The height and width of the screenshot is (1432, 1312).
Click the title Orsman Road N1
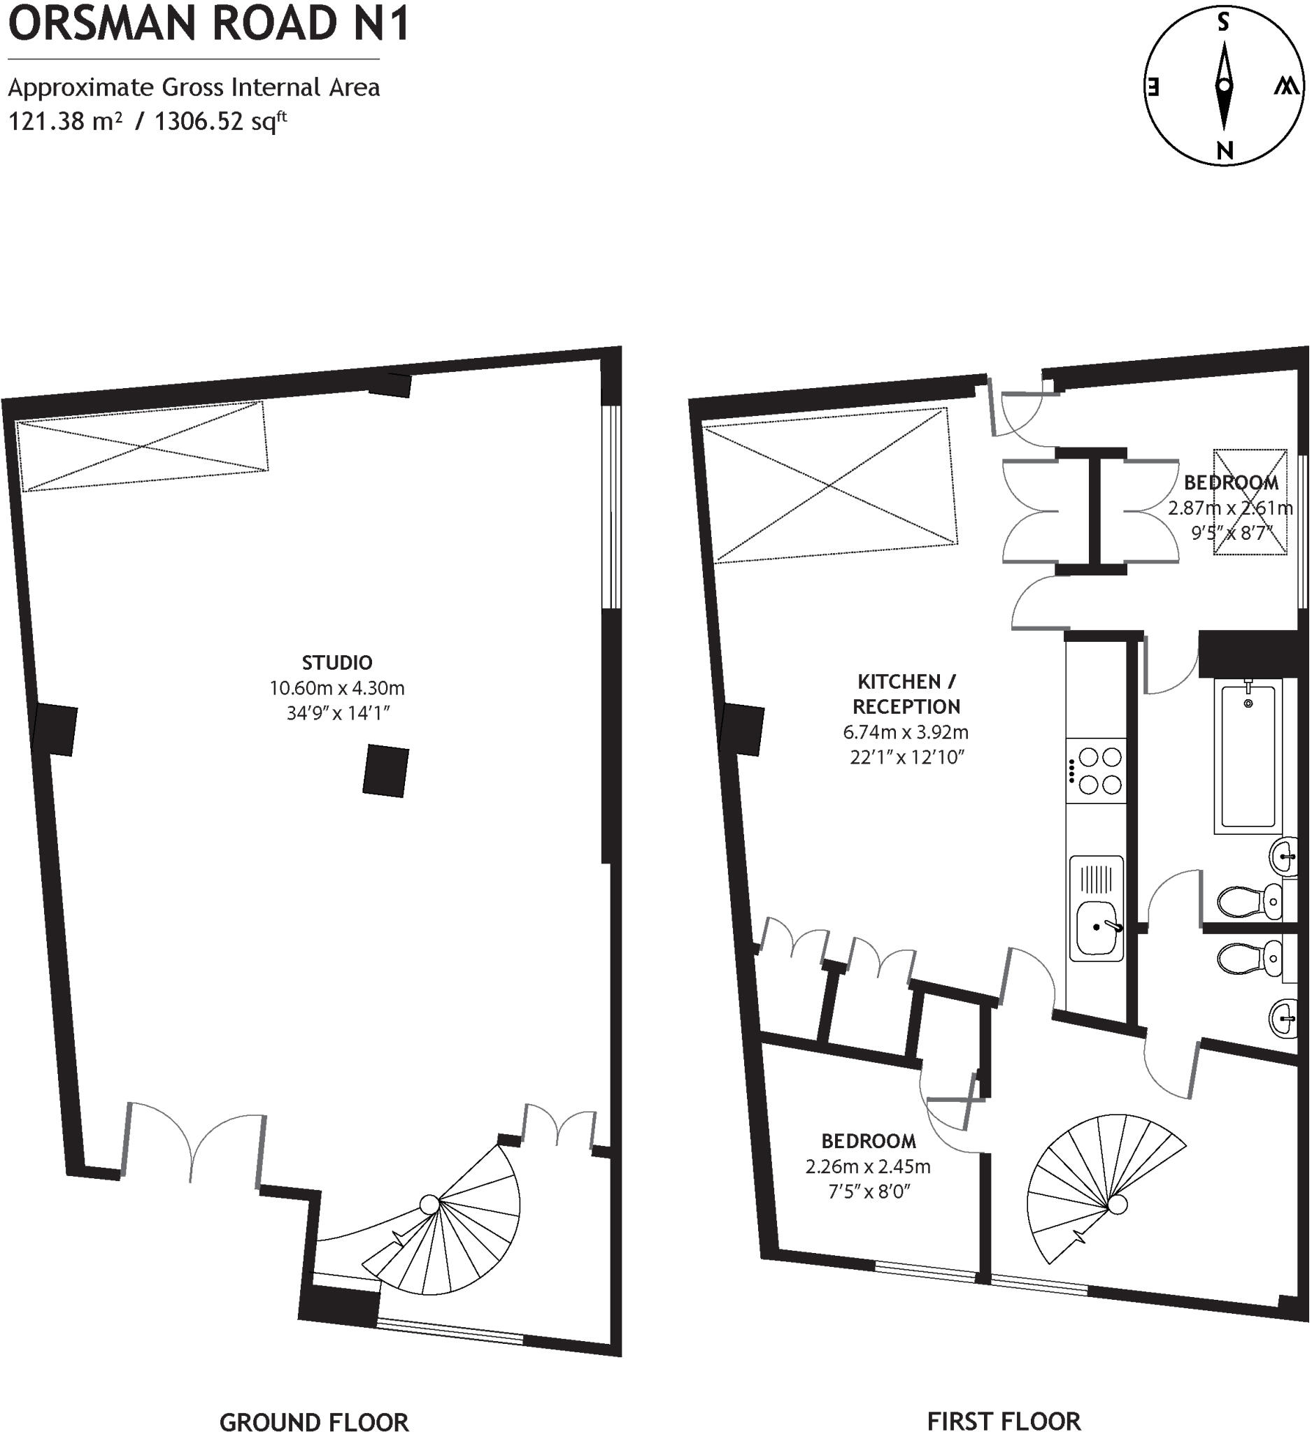[208, 23]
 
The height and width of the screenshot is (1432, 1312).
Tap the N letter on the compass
[1224, 150]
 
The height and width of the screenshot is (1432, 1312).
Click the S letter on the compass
[1223, 23]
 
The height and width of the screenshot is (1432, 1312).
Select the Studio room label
[336, 663]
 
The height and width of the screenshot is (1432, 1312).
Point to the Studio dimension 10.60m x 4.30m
[336, 687]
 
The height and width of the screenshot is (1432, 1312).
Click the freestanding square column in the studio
[386, 771]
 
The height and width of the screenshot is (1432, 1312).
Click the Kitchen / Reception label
[906, 694]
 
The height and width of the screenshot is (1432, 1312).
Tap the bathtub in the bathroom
[1248, 756]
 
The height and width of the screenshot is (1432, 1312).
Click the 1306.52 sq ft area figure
[221, 122]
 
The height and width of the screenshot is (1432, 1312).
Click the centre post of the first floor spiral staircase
[1118, 1205]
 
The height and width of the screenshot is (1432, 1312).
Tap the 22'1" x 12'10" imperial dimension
[906, 757]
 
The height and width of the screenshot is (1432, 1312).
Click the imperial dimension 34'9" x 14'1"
[338, 713]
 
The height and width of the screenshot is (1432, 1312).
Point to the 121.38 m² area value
[64, 122]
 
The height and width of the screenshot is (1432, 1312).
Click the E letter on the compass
[1153, 87]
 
